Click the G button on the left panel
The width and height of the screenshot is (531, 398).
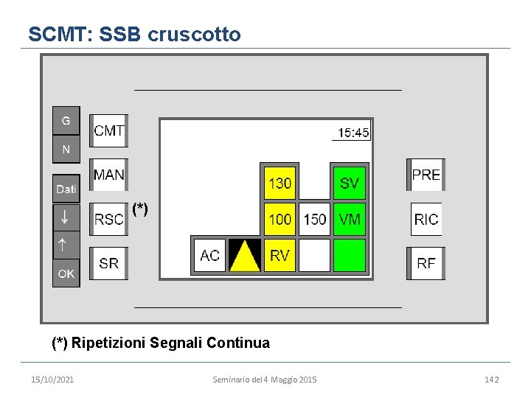point(66,121)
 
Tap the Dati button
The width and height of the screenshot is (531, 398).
point(66,189)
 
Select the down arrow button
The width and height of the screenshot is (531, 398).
point(66,217)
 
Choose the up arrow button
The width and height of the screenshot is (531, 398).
point(66,244)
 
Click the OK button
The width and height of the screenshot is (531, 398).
point(66,273)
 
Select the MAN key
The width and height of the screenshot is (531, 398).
point(109,175)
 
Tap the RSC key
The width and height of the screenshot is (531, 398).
point(109,219)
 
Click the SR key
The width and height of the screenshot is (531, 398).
point(109,263)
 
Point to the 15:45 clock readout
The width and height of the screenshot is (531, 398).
point(353,133)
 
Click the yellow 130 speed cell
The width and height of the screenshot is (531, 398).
point(280,182)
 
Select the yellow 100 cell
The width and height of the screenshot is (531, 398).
point(280,219)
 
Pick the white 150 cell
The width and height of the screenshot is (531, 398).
point(315,219)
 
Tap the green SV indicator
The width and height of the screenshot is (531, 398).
point(350,182)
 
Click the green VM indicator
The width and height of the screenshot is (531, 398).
point(350,219)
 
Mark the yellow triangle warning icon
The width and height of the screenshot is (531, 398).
point(245,256)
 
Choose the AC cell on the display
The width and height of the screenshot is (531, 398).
point(209,256)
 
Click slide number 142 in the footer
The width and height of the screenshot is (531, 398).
point(491,379)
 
